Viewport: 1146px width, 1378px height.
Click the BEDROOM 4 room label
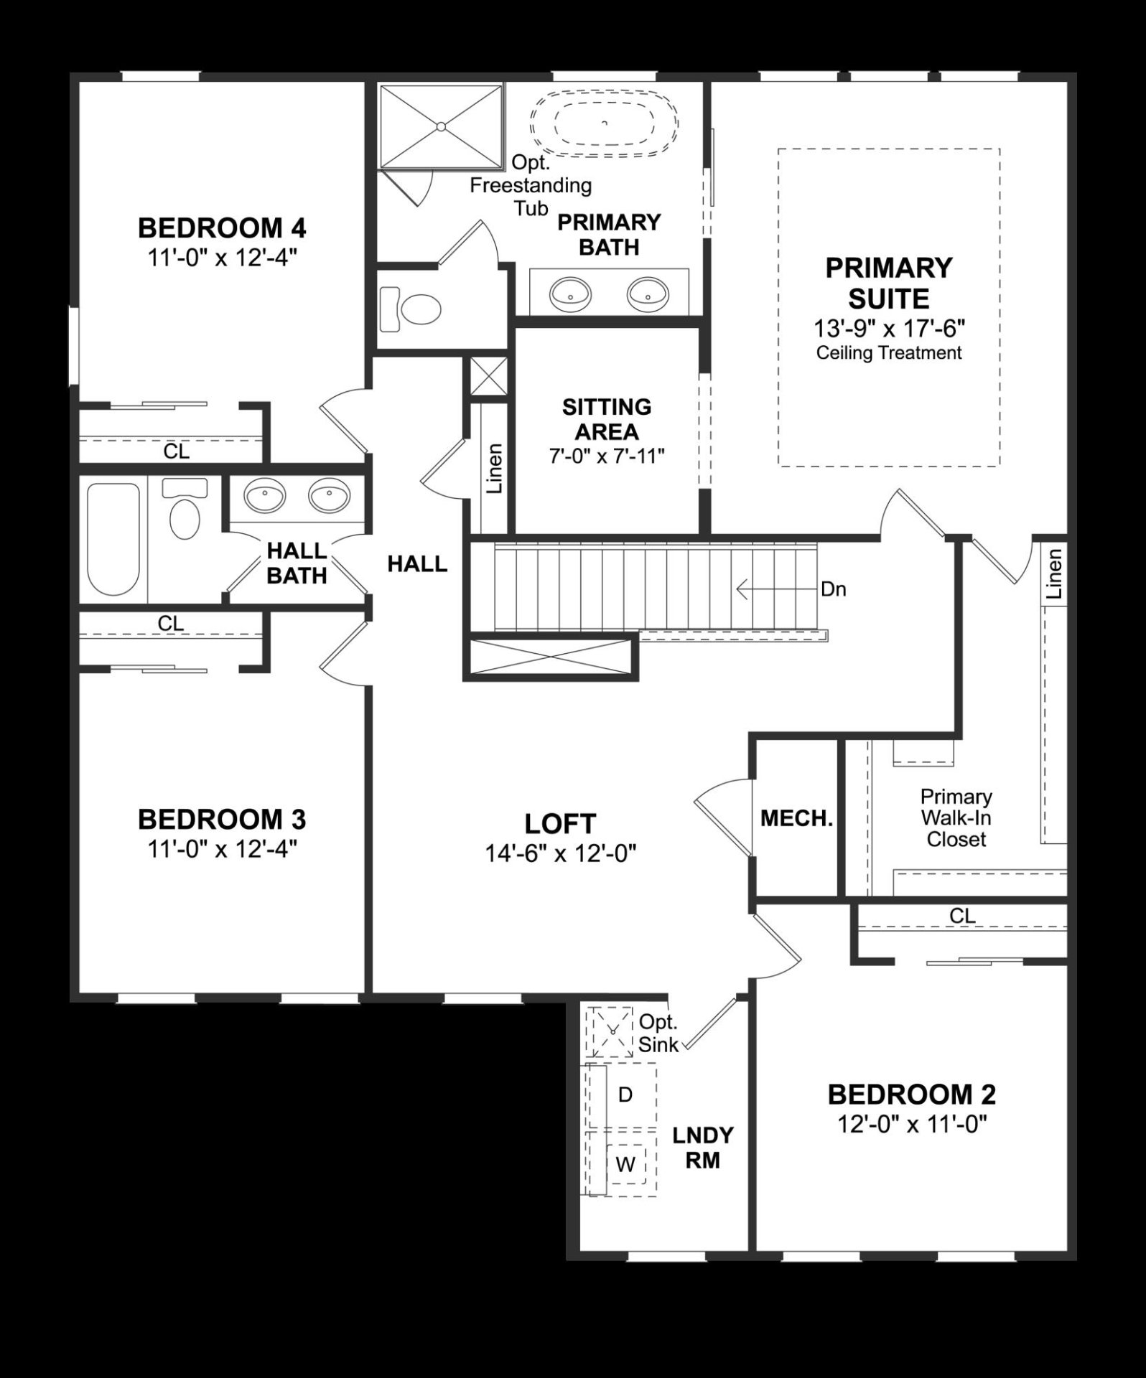pos(222,228)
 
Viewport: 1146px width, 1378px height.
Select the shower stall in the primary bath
pos(441,127)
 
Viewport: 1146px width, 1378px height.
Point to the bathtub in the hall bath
pos(113,538)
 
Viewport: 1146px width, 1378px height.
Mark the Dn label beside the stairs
pos(833,589)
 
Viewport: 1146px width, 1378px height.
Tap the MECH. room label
pos(796,818)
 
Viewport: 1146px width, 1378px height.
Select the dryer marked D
pos(624,1095)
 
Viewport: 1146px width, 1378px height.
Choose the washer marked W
pos(625,1164)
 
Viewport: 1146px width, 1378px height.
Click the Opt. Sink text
pos(658,1033)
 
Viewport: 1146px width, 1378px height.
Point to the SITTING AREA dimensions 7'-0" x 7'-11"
pos(607,456)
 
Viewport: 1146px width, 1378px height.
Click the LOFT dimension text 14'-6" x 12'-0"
pos(560,853)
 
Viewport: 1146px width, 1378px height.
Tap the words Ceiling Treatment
pos(889,353)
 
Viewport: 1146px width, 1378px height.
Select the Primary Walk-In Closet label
pos(956,817)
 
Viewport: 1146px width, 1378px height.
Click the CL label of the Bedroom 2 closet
pos(962,916)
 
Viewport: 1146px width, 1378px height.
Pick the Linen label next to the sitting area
pos(494,468)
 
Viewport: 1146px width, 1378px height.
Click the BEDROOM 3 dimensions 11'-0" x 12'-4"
pos(222,849)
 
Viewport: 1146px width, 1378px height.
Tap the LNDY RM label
pos(702,1148)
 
